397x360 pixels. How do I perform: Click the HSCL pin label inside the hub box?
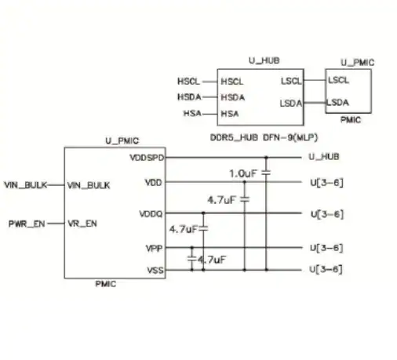pos(232,82)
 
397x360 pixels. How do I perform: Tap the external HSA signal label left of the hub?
pos(192,113)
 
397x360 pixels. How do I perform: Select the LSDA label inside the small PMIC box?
pos(338,102)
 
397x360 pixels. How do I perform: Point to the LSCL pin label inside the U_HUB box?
pos(291,81)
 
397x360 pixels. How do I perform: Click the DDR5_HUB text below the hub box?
pos(234,137)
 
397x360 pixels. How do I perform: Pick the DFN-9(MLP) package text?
pos(290,137)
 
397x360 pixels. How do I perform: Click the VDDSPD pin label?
pos(147,158)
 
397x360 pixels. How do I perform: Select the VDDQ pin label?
pos(151,214)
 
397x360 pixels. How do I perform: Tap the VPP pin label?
pos(155,248)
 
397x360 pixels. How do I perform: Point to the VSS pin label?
pos(155,270)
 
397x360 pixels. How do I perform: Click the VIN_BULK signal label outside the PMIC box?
pos(26,185)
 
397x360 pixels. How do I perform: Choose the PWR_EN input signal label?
pos(27,224)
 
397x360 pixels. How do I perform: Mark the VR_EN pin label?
pos(82,224)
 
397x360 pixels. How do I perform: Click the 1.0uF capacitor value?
pos(243,173)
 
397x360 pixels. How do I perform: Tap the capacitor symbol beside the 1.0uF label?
pos(266,173)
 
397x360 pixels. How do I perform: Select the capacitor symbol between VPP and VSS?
pos(192,259)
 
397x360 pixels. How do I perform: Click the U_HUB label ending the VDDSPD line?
pos(324,157)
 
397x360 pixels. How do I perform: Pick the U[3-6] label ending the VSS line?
pos(326,269)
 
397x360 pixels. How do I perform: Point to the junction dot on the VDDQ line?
pos(203,213)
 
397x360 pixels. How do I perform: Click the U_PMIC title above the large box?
pos(122,140)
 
